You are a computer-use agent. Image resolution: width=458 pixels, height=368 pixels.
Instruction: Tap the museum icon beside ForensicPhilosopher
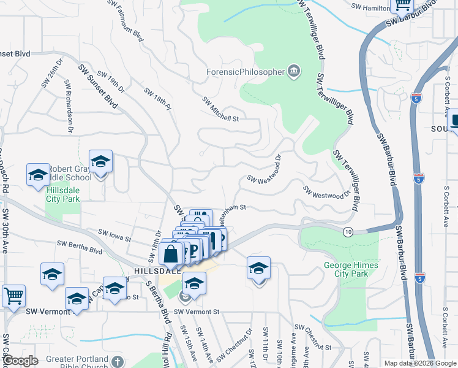294,72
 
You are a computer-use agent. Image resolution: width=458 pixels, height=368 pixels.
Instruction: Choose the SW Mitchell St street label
220,109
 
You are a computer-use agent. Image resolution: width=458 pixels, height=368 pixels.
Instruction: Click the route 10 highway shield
348,231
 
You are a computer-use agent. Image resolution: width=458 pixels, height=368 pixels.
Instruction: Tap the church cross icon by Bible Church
119,362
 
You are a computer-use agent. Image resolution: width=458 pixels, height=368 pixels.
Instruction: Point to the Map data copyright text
419,363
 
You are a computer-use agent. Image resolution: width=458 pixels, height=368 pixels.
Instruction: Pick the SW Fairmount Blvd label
127,20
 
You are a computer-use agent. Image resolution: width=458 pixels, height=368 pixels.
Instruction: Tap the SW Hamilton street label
371,6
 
